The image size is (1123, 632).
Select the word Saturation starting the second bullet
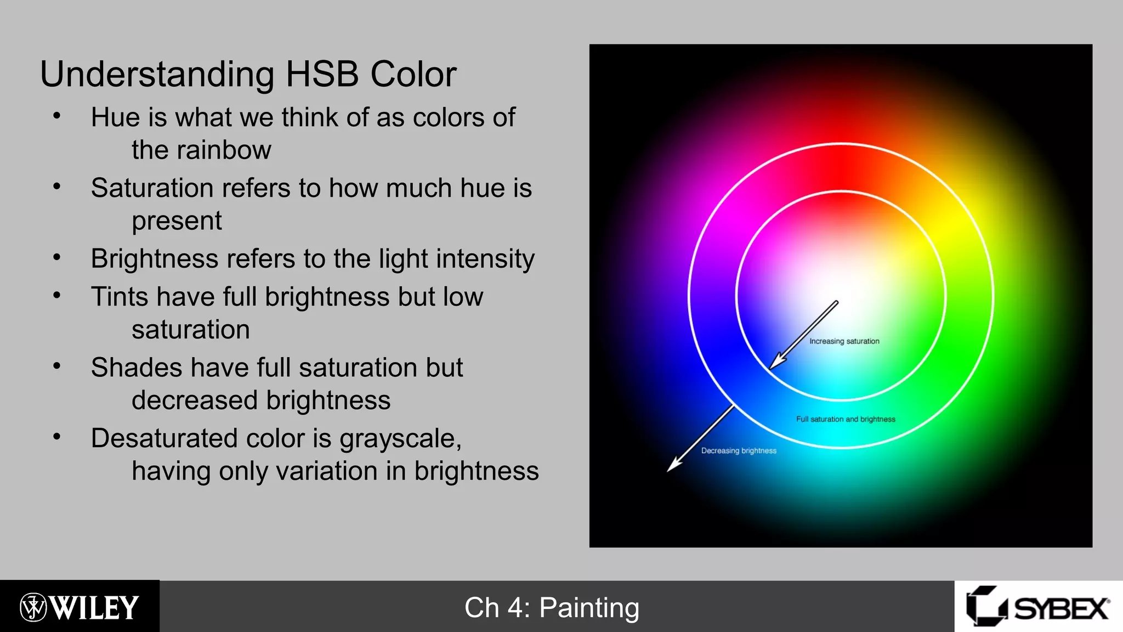click(152, 188)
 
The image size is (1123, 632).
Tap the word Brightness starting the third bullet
click(152, 259)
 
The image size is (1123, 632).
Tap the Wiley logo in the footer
click(80, 607)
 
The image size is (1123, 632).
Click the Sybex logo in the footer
click(1038, 607)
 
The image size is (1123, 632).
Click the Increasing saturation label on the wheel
click(844, 341)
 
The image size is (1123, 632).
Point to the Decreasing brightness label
click(739, 451)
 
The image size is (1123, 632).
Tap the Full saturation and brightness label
click(846, 419)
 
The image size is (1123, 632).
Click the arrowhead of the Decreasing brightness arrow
click(673, 465)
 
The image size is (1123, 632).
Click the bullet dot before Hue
click(56, 116)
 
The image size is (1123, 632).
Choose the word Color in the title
click(413, 74)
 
